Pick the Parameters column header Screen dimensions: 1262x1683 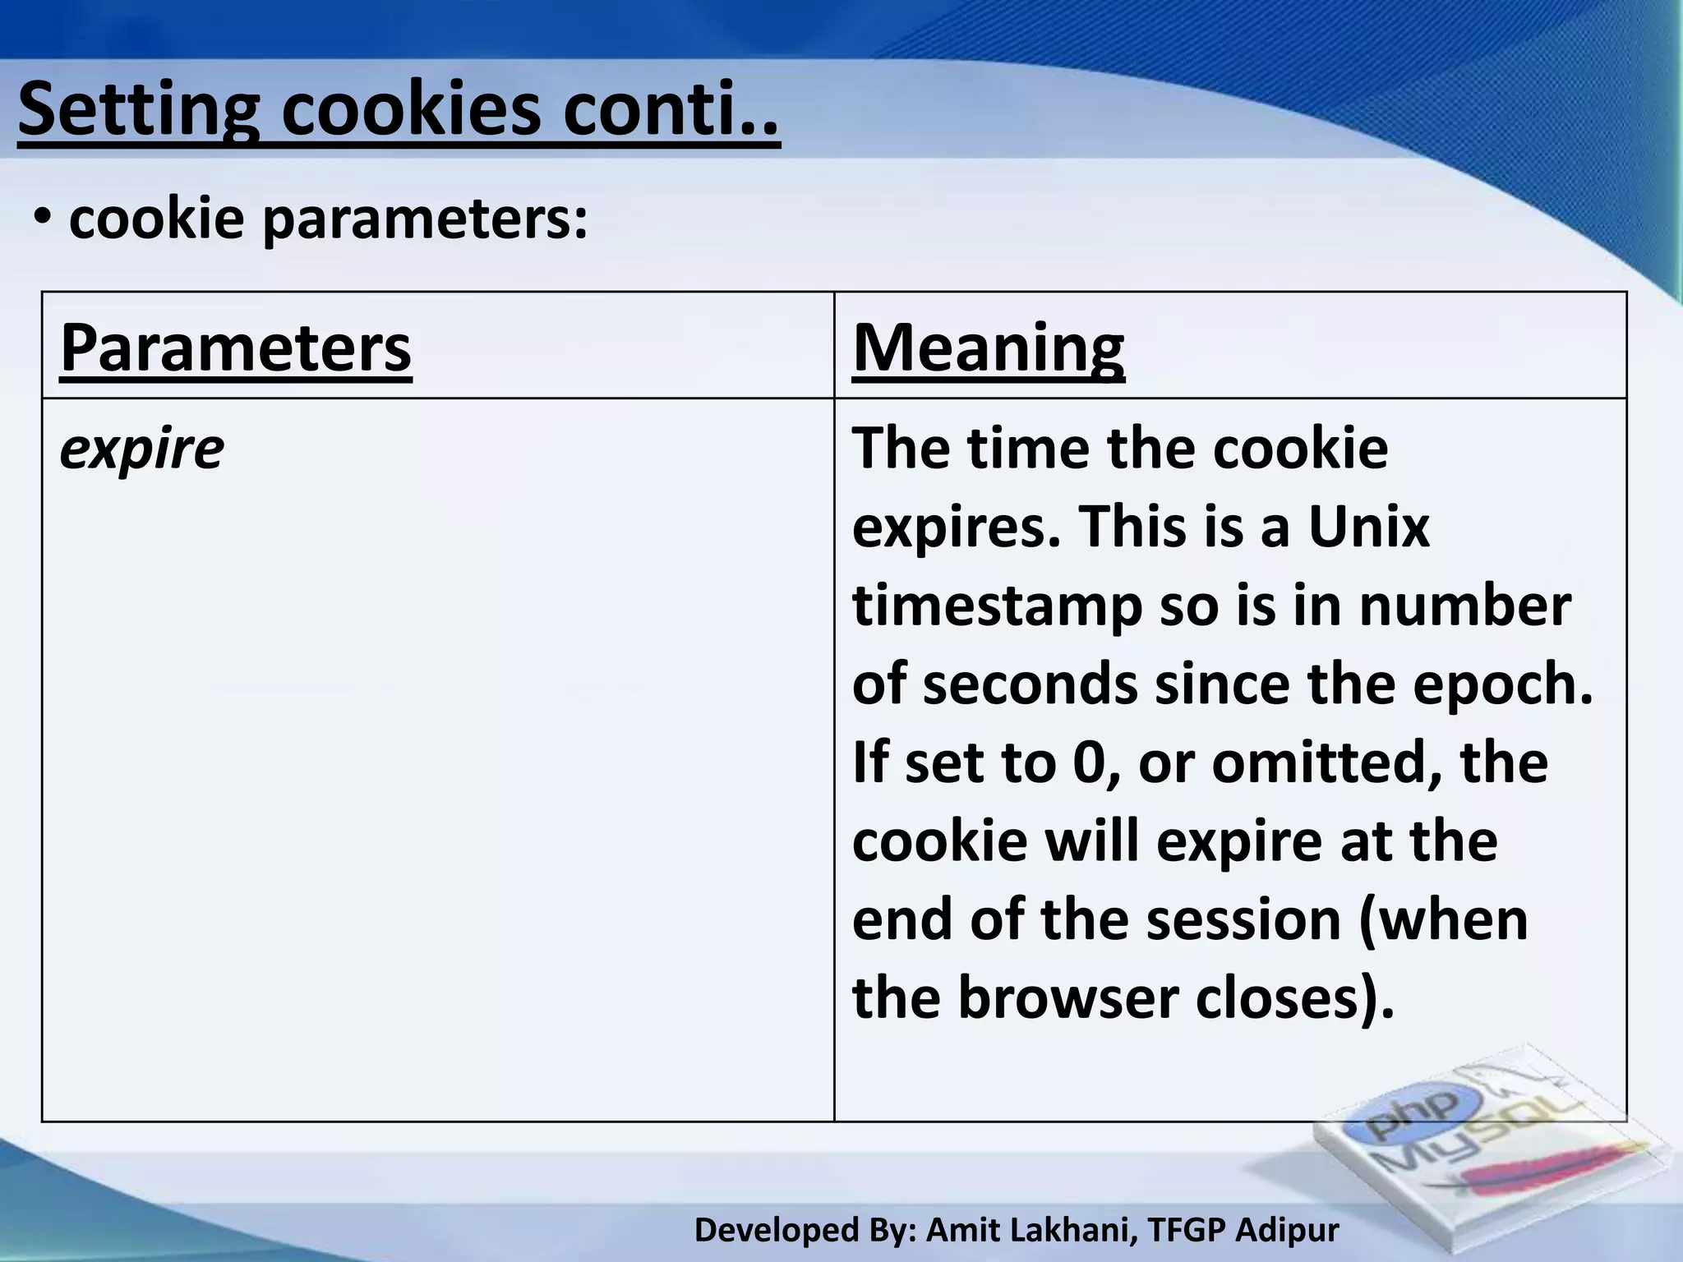236,348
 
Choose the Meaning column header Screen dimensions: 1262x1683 988,348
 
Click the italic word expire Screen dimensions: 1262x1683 141,449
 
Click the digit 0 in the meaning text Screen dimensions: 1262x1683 1090,762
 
